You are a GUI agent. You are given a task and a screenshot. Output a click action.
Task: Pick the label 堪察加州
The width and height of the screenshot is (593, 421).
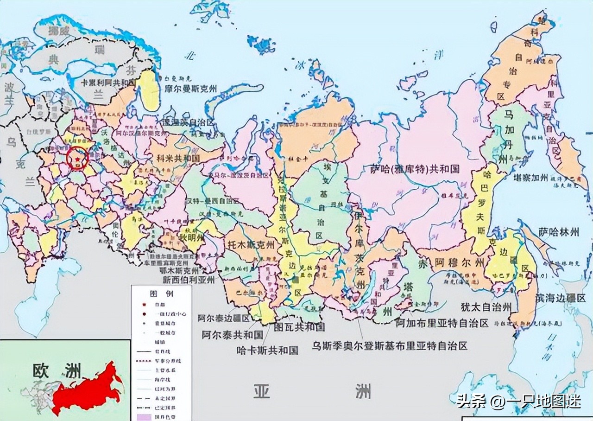[530, 177]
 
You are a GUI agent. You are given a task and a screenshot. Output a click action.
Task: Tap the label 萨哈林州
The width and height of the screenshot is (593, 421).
[559, 231]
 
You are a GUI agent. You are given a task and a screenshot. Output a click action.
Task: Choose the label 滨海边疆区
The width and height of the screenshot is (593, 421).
[560, 298]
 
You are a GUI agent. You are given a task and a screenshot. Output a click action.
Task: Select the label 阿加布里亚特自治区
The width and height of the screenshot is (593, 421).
[442, 323]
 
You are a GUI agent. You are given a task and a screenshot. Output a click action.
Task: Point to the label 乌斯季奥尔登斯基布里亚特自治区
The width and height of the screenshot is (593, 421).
[389, 345]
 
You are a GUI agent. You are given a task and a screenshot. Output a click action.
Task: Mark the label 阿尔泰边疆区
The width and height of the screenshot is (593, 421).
[223, 319]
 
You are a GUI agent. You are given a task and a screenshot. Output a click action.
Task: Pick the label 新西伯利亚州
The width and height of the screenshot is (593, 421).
[189, 280]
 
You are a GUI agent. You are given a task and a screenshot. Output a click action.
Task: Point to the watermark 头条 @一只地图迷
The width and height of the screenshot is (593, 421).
[518, 401]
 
